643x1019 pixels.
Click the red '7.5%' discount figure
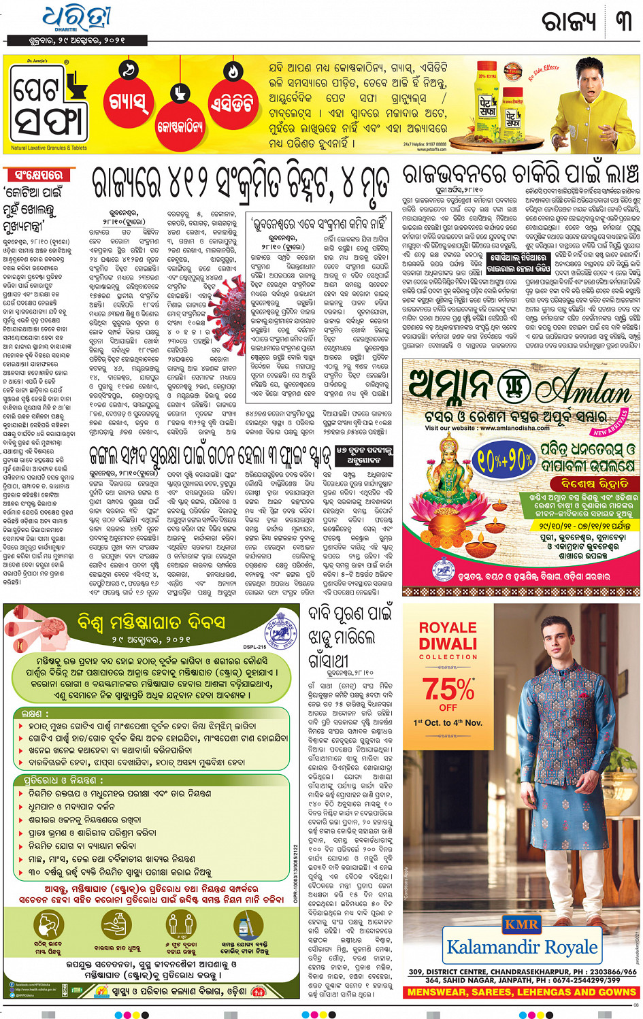[448, 689]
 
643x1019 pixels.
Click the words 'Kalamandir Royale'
[522, 947]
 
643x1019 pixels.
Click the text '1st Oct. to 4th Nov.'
[448, 723]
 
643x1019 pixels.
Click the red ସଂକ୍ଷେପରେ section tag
[38, 175]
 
